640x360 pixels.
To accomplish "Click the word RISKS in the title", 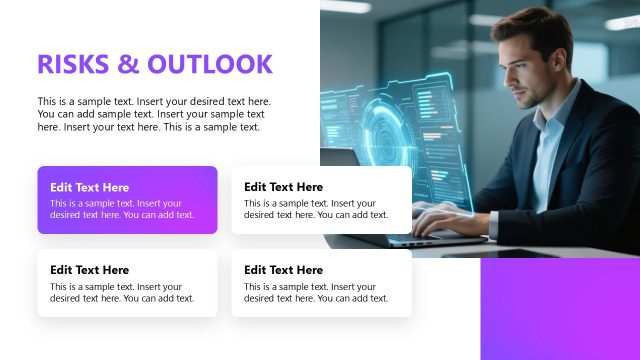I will (72, 64).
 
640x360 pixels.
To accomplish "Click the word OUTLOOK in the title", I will (210, 64).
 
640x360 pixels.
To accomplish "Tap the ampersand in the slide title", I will (131, 64).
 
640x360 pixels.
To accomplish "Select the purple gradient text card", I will (127, 200).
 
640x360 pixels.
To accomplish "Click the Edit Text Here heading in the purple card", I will (90, 187).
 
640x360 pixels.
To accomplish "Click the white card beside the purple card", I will (321, 200).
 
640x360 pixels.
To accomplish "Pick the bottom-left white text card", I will (127, 283).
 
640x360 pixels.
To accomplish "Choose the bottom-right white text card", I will (321, 283).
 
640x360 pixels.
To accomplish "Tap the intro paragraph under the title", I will (154, 114).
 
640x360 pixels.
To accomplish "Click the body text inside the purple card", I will (122, 209).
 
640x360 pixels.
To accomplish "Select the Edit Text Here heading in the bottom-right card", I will (283, 270).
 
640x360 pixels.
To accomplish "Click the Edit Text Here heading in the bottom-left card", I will (90, 270).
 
